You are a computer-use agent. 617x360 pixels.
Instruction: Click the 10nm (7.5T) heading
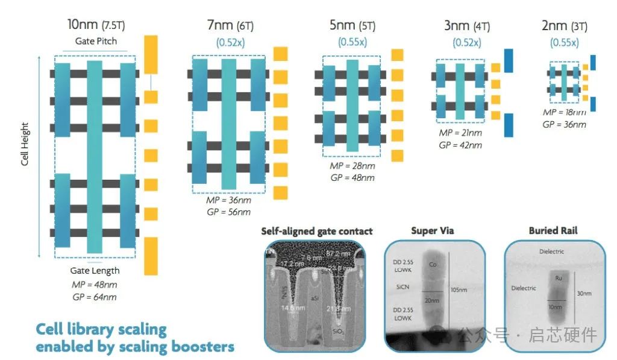96,25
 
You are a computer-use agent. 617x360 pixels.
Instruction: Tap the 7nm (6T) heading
231,26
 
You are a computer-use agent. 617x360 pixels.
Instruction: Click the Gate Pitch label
96,41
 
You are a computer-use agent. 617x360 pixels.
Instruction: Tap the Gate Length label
95,271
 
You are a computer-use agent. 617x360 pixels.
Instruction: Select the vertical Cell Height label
25,145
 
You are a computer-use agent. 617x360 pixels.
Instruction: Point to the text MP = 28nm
352,166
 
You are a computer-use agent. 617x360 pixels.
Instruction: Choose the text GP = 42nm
461,145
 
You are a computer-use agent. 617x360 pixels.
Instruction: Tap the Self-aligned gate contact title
316,231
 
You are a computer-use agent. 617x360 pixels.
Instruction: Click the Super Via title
433,230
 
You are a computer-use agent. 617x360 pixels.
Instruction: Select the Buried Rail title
553,230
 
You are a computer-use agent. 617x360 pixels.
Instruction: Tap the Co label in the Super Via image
433,265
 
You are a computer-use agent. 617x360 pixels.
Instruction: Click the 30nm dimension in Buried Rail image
581,294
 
